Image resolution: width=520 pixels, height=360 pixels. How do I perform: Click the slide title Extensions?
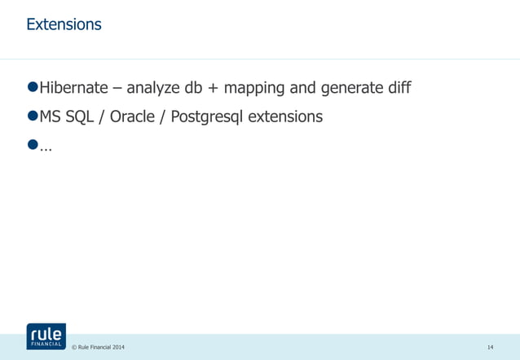[x=64, y=24]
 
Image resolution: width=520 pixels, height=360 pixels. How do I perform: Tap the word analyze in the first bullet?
[x=157, y=88]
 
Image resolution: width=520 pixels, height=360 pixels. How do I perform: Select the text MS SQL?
[x=66, y=116]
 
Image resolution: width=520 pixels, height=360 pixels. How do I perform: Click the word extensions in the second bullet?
[x=285, y=116]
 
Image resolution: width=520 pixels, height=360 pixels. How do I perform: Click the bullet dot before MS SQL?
[x=33, y=116]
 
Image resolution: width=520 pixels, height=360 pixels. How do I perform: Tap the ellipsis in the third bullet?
[x=45, y=147]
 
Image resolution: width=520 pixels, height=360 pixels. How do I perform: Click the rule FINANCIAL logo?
[x=46, y=336]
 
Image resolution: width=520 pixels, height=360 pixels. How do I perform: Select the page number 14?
[x=490, y=348]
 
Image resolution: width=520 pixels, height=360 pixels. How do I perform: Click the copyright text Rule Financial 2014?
[x=99, y=348]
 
